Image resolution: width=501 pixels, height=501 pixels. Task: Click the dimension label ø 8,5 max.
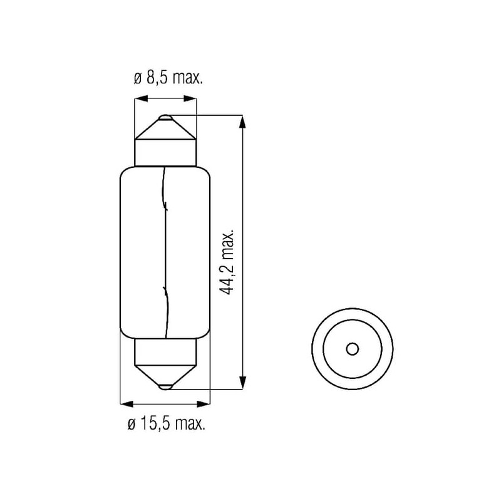click(168, 78)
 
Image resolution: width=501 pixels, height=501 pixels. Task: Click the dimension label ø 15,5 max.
click(166, 424)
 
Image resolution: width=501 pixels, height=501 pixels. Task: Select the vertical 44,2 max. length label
click(227, 262)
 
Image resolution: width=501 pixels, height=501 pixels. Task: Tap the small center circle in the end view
click(353, 349)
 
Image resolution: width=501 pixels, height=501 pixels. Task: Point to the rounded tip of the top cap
click(165, 117)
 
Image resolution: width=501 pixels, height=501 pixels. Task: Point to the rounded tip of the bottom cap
click(165, 387)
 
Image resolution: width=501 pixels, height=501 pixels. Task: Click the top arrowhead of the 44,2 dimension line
click(242, 121)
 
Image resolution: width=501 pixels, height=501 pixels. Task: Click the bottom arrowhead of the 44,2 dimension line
click(242, 383)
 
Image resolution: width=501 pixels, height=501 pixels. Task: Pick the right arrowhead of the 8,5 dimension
click(190, 98)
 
